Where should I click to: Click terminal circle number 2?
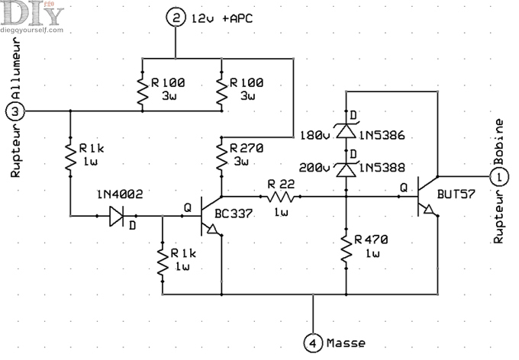176,17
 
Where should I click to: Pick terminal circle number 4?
314,342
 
